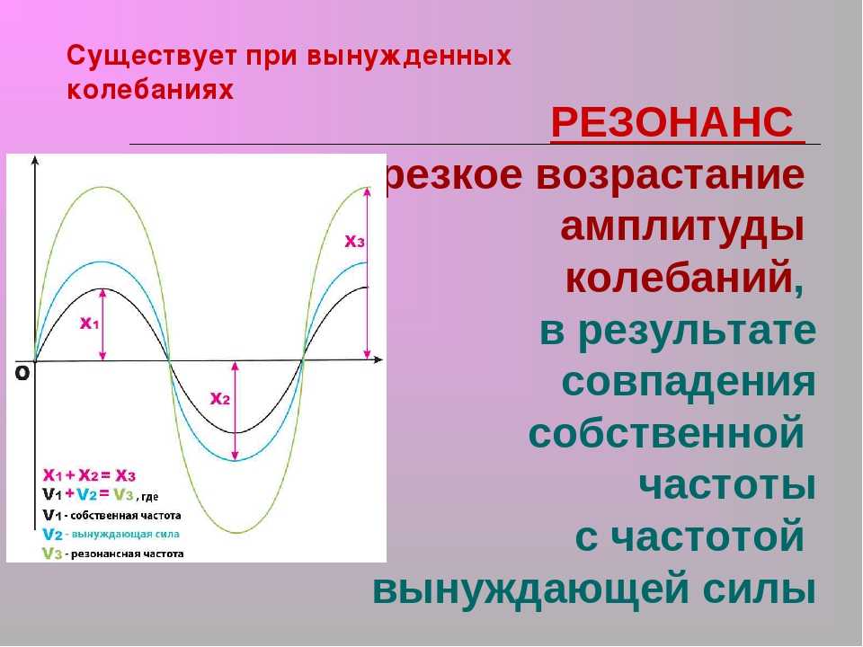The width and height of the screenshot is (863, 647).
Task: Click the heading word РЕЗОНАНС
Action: [672, 122]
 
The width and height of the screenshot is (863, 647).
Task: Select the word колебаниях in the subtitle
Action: [150, 90]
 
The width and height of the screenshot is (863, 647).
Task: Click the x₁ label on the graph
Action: [89, 323]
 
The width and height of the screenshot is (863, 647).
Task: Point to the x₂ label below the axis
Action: [220, 398]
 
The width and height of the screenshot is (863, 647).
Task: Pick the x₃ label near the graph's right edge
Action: [354, 241]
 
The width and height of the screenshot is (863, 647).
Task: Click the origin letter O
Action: [22, 374]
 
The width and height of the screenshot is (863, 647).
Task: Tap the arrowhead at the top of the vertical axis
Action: [35, 160]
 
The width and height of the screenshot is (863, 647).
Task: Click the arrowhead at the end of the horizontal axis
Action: [378, 359]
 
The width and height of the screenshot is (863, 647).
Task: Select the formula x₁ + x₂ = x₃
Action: [89, 474]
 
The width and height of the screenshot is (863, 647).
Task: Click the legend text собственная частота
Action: [126, 516]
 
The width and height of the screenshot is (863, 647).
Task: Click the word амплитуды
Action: [682, 227]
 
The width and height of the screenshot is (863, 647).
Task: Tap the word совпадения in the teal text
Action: [689, 381]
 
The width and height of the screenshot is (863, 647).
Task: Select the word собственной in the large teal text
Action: [667, 433]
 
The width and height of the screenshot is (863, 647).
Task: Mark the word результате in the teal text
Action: [698, 332]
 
